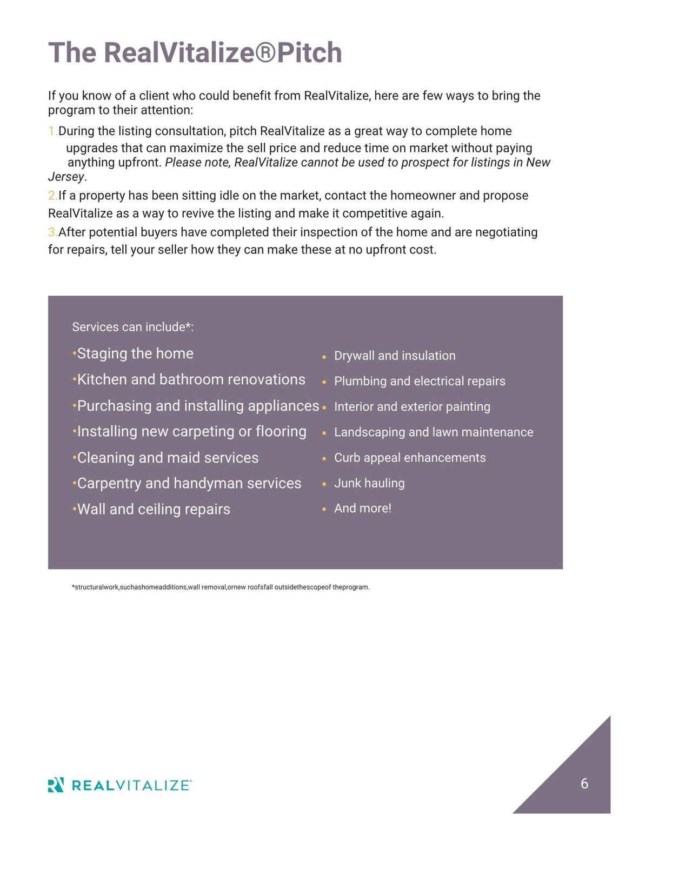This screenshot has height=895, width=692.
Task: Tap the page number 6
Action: click(x=584, y=784)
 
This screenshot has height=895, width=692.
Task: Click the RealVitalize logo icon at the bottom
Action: click(x=56, y=785)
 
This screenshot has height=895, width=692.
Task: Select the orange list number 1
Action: click(x=51, y=131)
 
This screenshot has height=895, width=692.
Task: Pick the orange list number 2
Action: click(x=51, y=196)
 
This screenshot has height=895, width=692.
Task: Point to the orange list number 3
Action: click(x=51, y=232)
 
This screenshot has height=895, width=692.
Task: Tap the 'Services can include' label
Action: click(x=132, y=327)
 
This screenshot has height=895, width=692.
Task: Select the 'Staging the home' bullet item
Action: click(x=135, y=353)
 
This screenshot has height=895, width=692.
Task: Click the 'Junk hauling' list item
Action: click(x=369, y=483)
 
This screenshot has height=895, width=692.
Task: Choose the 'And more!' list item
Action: click(x=363, y=509)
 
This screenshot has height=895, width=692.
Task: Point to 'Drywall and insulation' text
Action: click(x=395, y=356)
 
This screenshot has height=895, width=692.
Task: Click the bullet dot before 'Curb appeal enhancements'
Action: click(x=324, y=459)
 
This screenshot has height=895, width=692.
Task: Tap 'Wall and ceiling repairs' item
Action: click(x=154, y=509)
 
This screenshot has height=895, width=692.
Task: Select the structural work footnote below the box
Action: click(x=221, y=587)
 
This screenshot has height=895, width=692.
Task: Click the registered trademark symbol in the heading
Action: click(x=265, y=53)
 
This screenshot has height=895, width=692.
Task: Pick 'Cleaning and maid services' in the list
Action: click(x=168, y=458)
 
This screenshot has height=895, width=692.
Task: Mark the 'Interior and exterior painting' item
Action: click(x=412, y=406)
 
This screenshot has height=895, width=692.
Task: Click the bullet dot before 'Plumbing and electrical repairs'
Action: click(x=324, y=382)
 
